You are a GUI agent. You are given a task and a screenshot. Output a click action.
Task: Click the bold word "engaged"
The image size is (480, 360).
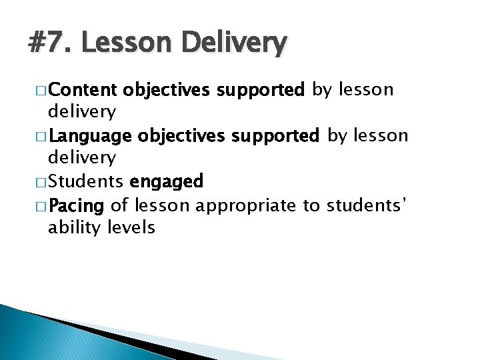point(167,181)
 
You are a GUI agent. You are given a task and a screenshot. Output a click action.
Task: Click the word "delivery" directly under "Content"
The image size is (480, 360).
point(81,111)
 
